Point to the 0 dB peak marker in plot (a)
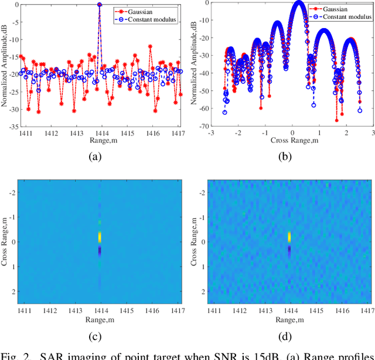point(100,5)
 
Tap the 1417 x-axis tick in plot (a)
point(180,133)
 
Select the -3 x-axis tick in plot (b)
point(212,133)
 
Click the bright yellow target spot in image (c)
point(100,236)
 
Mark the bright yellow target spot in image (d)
point(289,236)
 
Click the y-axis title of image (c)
point(5,242)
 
